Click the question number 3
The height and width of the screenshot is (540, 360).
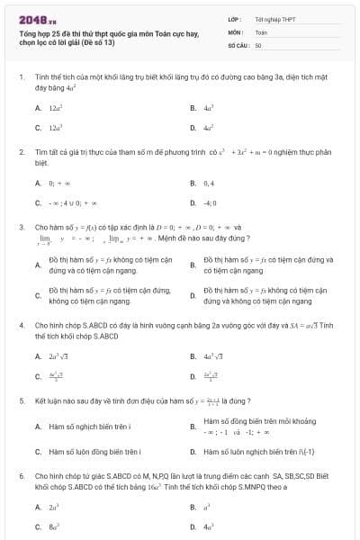21,228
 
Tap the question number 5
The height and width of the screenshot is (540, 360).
21,400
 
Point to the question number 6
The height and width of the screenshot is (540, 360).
21,473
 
